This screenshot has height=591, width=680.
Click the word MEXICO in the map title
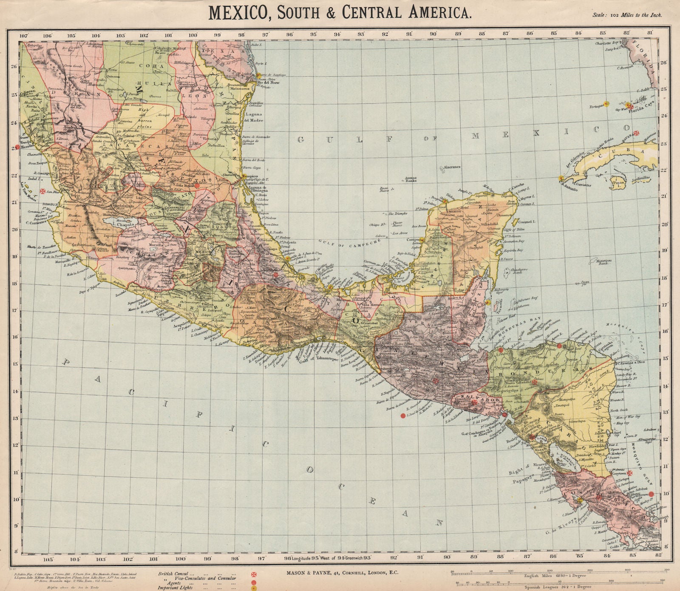[239, 12]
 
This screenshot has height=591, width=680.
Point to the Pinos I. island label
[617, 184]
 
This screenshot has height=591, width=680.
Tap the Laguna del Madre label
[254, 117]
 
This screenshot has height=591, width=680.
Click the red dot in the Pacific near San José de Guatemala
[402, 416]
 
